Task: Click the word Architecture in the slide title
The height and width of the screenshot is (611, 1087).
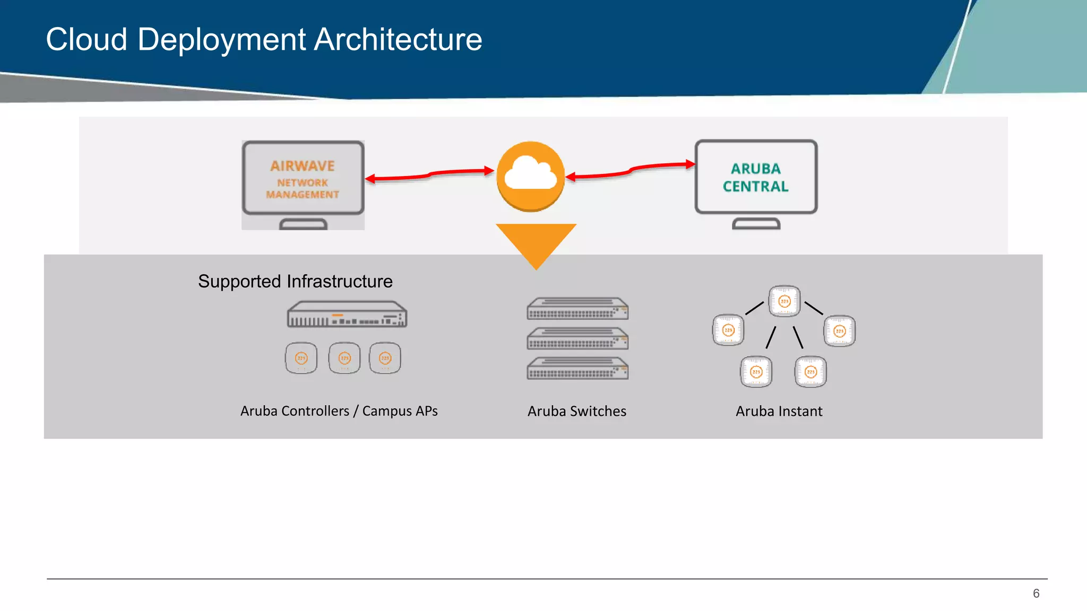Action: point(398,40)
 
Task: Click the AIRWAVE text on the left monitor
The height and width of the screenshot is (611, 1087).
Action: point(303,166)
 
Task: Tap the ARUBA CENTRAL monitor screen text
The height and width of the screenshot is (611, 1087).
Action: point(755,178)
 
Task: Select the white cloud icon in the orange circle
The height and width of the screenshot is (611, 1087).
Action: point(530,173)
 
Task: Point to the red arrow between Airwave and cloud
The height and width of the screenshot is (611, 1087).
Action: point(430,174)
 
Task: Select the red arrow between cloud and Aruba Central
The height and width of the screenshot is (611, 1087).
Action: point(631,170)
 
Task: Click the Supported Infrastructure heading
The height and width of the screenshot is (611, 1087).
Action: point(295,281)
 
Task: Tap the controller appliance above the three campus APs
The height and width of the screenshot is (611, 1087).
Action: point(347,315)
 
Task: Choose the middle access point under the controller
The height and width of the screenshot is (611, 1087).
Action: point(344,358)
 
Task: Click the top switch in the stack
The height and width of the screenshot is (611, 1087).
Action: point(577,309)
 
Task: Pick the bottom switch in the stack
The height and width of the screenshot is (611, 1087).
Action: point(577,369)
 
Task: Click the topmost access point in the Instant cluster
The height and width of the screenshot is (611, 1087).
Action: point(784,301)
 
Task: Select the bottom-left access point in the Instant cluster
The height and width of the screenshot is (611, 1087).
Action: point(756,372)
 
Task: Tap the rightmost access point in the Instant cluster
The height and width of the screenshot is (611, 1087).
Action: point(840,331)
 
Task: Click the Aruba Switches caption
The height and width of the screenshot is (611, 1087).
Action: point(577,411)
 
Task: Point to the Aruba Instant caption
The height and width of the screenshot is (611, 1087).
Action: point(779,411)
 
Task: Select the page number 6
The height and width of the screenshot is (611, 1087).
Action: point(1036,593)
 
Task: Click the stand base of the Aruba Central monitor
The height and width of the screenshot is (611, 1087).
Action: point(756,224)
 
